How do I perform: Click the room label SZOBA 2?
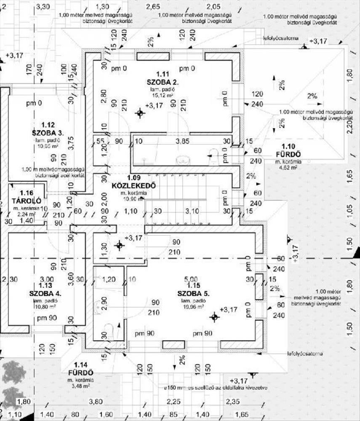click(x=162, y=82)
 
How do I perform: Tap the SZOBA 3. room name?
click(x=48, y=133)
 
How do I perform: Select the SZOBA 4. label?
click(x=46, y=293)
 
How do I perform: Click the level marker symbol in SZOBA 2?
click(x=140, y=112)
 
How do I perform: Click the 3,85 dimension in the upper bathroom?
click(x=182, y=141)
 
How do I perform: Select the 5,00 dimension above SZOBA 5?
click(x=191, y=279)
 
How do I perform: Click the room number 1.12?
click(x=48, y=125)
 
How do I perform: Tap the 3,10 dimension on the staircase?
click(x=192, y=210)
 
